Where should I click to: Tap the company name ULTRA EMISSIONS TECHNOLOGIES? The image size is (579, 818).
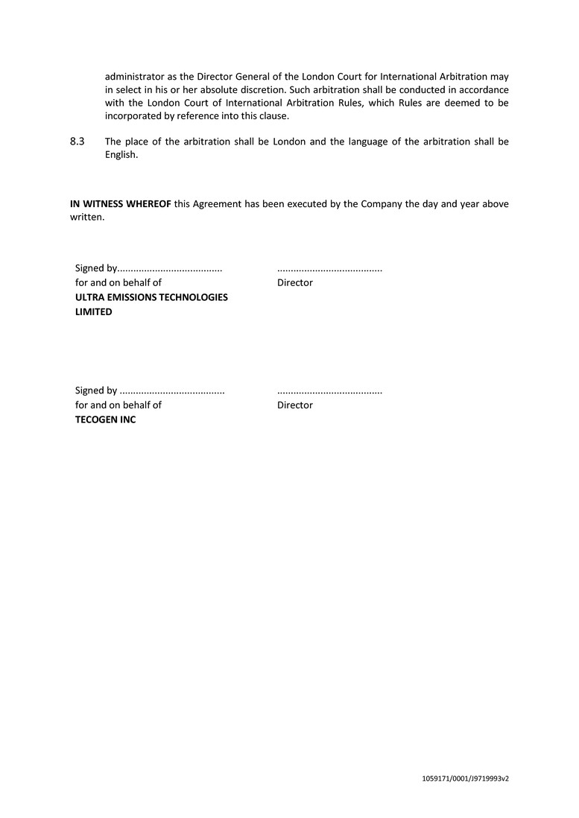(151, 297)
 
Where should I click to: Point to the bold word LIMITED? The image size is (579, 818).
(94, 312)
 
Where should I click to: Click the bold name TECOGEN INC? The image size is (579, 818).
(106, 419)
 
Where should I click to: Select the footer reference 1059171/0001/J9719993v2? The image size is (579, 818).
(465, 779)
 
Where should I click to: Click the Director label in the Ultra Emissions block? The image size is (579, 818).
(295, 283)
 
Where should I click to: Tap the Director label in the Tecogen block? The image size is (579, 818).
(295, 405)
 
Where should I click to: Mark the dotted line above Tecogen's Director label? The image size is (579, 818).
(329, 391)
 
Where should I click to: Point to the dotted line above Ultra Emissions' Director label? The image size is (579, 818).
(329, 269)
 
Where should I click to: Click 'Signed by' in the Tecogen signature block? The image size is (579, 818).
(96, 390)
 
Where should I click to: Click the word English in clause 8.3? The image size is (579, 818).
(121, 156)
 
